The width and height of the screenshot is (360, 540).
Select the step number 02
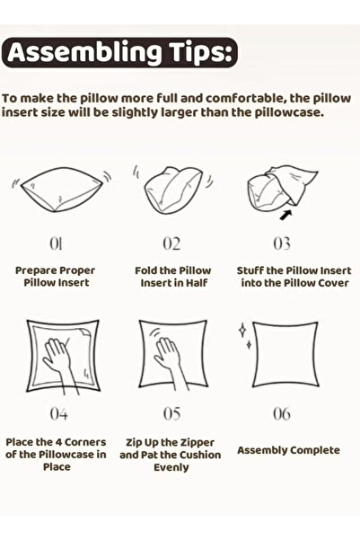(x=171, y=243)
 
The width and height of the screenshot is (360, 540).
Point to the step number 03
(x=283, y=243)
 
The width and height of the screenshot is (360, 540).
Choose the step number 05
(x=171, y=415)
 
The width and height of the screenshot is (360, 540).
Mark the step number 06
(x=282, y=415)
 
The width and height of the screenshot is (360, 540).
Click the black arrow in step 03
(x=261, y=215)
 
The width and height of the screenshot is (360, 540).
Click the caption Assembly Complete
(x=288, y=449)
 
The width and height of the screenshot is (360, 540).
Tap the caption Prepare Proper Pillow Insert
(x=55, y=276)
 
